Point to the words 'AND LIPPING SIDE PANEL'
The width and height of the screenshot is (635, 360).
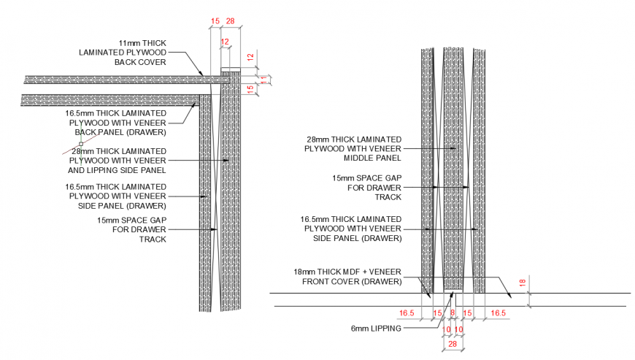tap(118, 169)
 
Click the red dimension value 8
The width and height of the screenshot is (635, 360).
tap(452, 313)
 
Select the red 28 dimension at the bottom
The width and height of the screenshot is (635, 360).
tap(452, 343)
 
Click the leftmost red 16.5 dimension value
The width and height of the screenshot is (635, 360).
tap(407, 313)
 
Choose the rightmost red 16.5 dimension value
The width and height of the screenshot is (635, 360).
tap(497, 313)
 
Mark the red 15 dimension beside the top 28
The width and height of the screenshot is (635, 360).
tap(215, 21)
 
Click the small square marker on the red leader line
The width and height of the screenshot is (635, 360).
tap(81, 144)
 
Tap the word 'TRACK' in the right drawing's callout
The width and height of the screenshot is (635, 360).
tap(388, 196)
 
